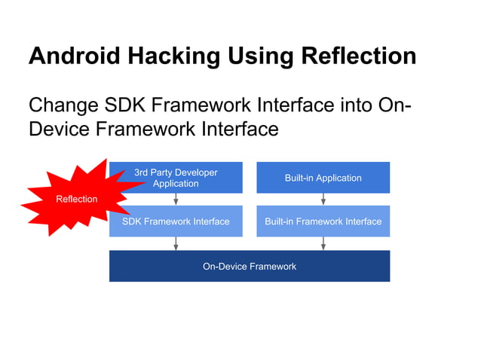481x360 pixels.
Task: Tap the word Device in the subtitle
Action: click(x=59, y=130)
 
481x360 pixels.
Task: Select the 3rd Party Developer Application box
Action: click(x=176, y=178)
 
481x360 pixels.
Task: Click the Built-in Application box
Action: click(x=323, y=178)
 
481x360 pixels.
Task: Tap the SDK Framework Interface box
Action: click(x=176, y=221)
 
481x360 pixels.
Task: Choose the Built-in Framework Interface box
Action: click(x=323, y=221)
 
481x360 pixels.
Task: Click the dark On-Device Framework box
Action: click(x=249, y=266)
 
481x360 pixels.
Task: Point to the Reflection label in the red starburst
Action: click(x=77, y=199)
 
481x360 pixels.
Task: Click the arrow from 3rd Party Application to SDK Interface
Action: click(x=176, y=200)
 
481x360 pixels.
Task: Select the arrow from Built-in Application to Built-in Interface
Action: click(x=323, y=200)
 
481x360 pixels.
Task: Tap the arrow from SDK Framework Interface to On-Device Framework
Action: click(x=176, y=243)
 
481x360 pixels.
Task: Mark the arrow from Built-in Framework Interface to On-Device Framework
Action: click(x=323, y=243)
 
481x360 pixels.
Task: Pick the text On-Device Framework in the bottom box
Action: click(x=249, y=266)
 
